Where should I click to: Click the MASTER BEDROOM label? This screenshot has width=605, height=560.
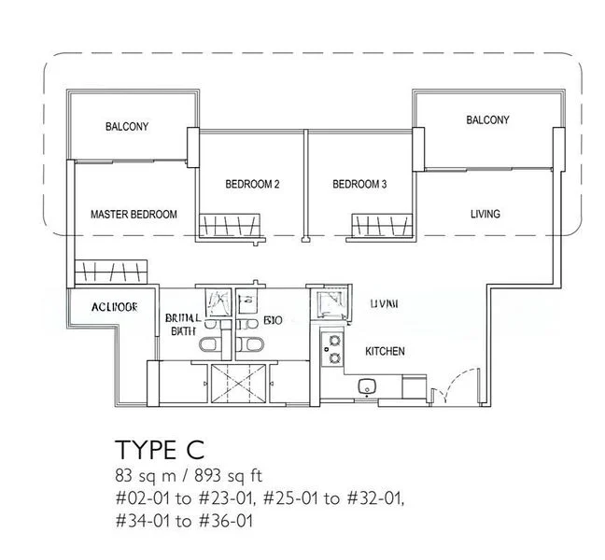(134, 215)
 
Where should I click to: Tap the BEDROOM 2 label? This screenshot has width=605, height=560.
(252, 185)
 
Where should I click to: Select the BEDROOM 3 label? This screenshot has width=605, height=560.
(359, 185)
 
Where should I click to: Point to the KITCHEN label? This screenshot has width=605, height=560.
(385, 352)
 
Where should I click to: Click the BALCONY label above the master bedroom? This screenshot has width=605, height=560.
(127, 127)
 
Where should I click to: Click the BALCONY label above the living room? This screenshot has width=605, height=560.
(487, 120)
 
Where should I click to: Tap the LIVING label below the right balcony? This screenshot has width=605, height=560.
(485, 214)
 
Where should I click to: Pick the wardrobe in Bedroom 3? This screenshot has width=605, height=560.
(382, 226)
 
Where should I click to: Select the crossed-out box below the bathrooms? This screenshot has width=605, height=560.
(239, 383)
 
